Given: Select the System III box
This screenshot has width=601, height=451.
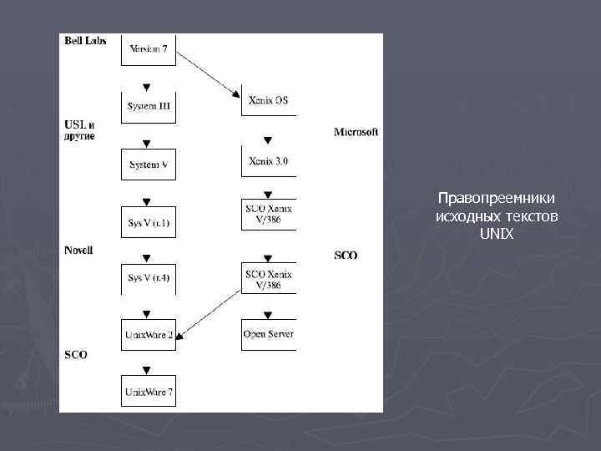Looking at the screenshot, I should click(149, 107).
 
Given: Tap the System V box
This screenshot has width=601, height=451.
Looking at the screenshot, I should click(149, 165).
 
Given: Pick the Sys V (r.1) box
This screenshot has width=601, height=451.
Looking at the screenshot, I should click(149, 222).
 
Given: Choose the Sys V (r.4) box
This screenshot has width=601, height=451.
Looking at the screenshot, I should click(149, 278).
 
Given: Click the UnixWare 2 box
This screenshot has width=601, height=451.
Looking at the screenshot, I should click(149, 334).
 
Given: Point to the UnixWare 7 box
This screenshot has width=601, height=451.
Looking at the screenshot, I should click(149, 391).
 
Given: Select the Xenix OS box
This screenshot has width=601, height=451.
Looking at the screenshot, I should click(268, 101).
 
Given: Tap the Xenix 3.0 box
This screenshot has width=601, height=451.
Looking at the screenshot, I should click(268, 160).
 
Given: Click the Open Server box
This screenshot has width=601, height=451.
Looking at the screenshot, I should click(268, 334).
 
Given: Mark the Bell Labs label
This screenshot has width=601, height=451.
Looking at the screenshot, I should click(85, 41).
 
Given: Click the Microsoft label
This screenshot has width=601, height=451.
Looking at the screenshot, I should click(356, 132).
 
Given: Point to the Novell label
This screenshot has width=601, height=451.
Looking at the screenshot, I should click(78, 251).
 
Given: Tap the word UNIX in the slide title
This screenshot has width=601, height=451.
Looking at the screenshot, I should click(497, 235).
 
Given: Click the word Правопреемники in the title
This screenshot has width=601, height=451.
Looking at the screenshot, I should click(497, 199).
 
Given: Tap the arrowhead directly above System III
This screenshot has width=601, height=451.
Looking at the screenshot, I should click(148, 86).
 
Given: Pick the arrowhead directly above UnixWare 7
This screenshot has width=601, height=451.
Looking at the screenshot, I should click(148, 369).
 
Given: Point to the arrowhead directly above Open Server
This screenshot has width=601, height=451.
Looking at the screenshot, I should click(268, 314).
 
